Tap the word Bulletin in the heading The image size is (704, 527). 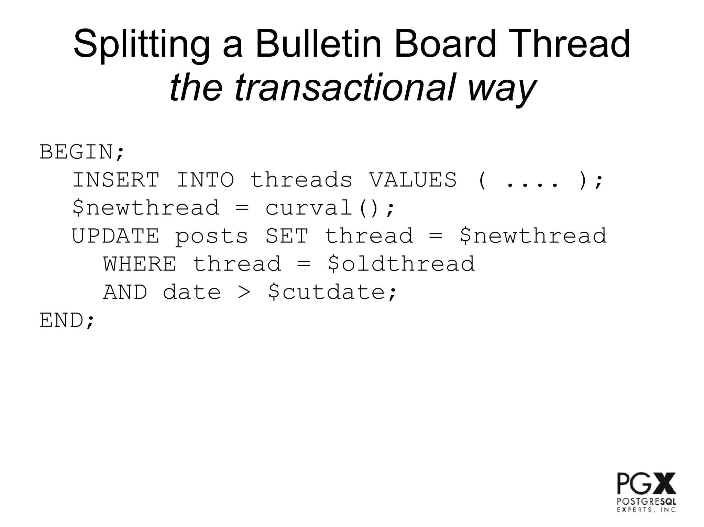(x=318, y=45)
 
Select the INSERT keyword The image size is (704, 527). (x=116, y=180)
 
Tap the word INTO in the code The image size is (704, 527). (x=205, y=180)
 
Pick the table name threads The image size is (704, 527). (x=301, y=180)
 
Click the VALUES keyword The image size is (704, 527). (x=413, y=180)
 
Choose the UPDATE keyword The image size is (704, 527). (x=115, y=236)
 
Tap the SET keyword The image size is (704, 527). (x=287, y=236)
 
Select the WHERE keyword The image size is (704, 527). (x=140, y=264)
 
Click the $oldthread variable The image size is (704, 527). (x=401, y=264)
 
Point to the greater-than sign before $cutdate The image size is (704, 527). (x=244, y=293)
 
